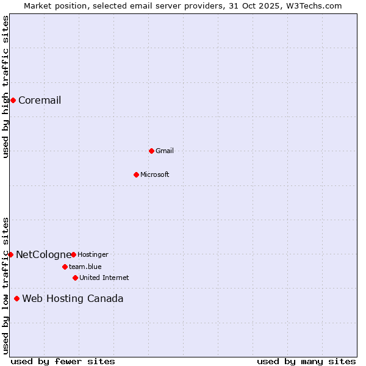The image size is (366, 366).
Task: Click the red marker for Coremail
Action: (x=13, y=100)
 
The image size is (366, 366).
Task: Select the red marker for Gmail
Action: (x=151, y=151)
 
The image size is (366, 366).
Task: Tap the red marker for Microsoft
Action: (x=136, y=174)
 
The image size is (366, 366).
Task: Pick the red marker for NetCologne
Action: (x=10, y=254)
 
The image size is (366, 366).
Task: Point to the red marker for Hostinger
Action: (x=73, y=254)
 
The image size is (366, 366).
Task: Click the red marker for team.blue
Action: (x=65, y=267)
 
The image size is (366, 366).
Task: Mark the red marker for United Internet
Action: (x=75, y=278)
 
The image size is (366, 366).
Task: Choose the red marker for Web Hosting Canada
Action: (x=16, y=298)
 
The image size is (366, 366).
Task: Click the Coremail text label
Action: (x=40, y=101)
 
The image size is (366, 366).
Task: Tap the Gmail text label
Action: (x=165, y=151)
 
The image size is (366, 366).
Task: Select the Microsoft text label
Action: (x=155, y=175)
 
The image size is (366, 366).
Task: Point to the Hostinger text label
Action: (x=93, y=255)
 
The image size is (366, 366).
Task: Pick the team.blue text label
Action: (x=85, y=267)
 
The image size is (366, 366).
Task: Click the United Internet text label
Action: (x=104, y=278)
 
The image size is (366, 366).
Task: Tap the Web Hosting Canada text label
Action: (x=73, y=299)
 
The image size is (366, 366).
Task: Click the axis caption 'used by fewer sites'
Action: (x=63, y=361)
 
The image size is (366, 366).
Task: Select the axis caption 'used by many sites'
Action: (x=306, y=361)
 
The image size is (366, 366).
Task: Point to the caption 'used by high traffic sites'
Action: (x=5, y=87)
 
